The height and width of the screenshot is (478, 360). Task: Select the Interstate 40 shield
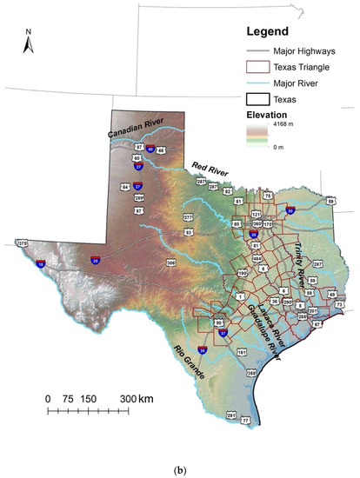[150, 149]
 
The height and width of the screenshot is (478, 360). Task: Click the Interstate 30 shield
[290, 210]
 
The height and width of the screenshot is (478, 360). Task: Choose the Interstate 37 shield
[223, 333]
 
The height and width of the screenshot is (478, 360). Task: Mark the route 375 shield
[22, 244]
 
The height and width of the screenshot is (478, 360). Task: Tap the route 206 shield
[171, 262]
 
